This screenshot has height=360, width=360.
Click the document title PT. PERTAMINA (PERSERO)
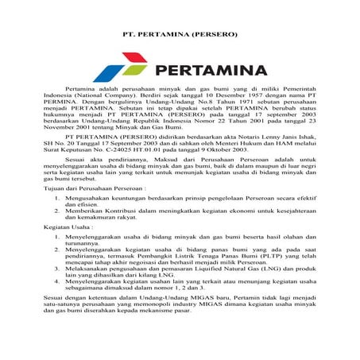pyautogui.click(x=180, y=36)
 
